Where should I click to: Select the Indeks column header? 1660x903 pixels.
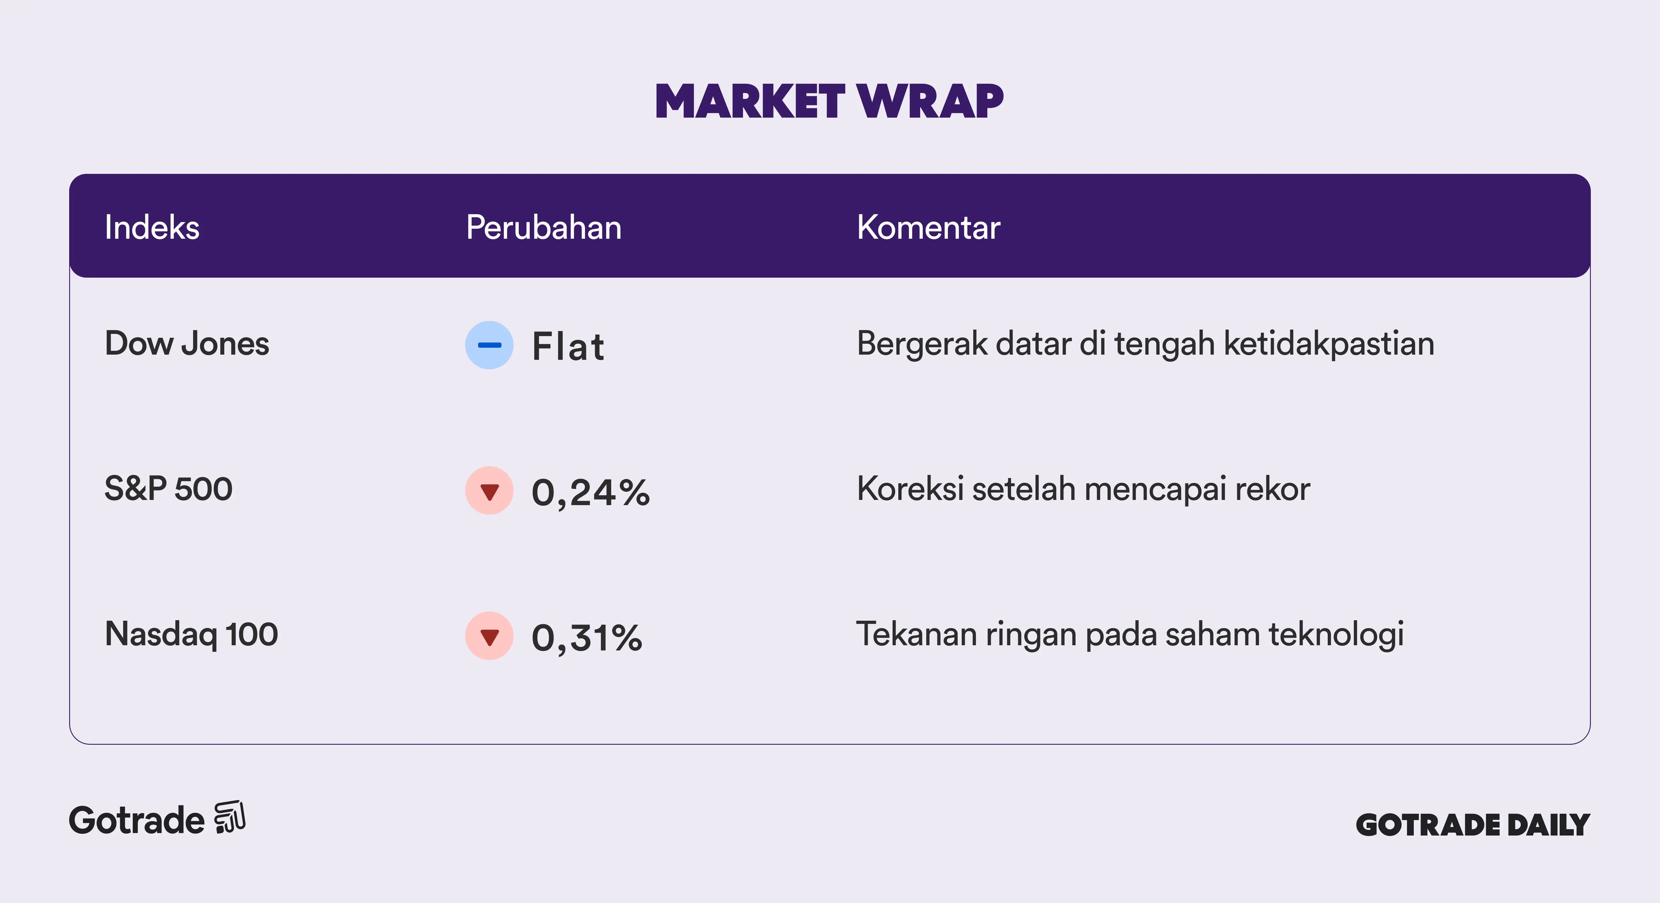click(x=152, y=227)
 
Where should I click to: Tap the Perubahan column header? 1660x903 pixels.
click(x=544, y=227)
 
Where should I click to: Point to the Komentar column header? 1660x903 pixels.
click(x=929, y=227)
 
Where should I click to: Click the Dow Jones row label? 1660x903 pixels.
click(x=187, y=344)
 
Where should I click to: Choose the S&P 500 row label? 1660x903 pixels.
click(x=168, y=489)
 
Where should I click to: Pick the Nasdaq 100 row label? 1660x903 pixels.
click(x=191, y=634)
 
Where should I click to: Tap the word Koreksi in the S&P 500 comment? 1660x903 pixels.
click(x=911, y=489)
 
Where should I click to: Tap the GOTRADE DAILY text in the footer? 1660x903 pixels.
click(x=1473, y=825)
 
